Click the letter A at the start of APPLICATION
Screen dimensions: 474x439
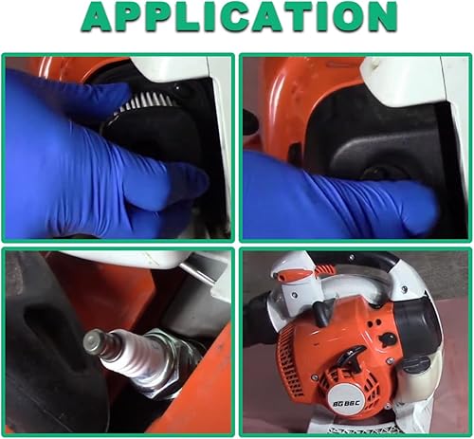pyautogui.click(x=99, y=16)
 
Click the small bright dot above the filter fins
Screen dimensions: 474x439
pyautogui.click(x=177, y=86)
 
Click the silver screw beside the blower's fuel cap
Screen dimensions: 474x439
pyautogui.click(x=391, y=360)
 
